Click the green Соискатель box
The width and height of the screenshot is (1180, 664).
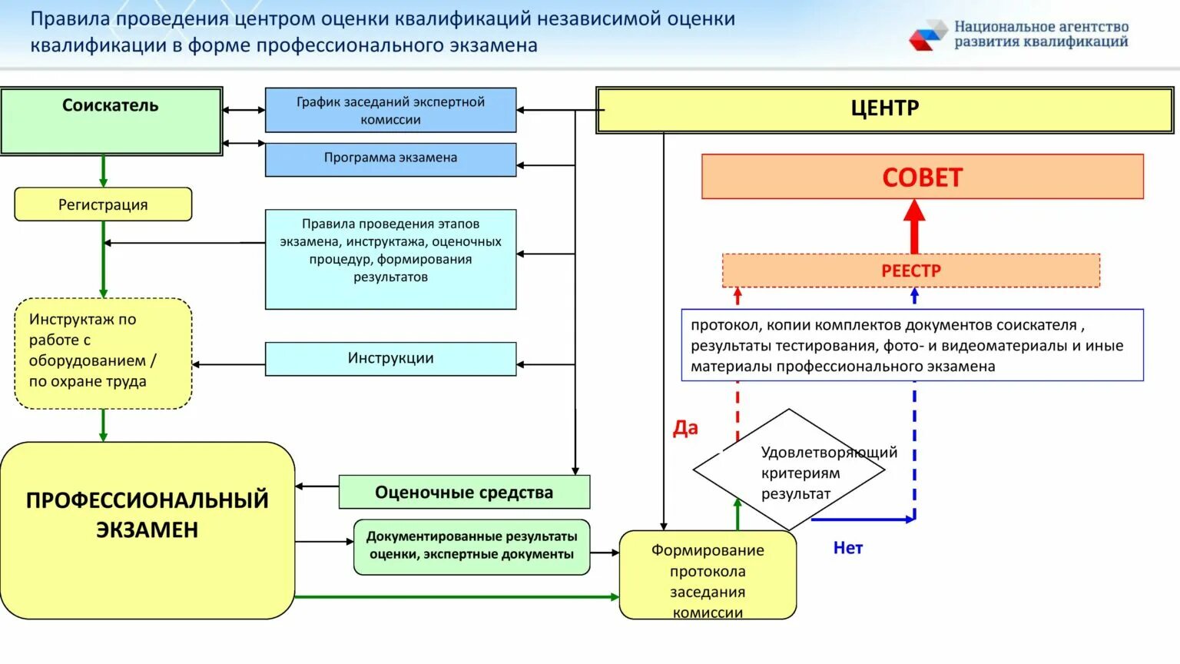pos(111,121)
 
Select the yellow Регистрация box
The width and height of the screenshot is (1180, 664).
pos(103,204)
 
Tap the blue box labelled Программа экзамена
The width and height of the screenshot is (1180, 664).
pos(390,159)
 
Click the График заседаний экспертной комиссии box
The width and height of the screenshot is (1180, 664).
pos(390,110)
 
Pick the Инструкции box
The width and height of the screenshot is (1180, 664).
pos(390,358)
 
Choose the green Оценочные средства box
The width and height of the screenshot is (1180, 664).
pos(464,492)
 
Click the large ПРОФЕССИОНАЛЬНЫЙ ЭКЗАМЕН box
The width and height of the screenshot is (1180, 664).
pos(147,530)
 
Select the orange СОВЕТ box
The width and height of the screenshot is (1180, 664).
pos(922,177)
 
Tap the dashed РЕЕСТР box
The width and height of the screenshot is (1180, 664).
pos(910,271)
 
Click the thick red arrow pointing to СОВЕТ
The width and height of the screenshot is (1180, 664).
pos(913,226)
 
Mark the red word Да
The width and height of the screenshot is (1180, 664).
pos(685,428)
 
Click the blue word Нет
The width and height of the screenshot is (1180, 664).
pos(848,548)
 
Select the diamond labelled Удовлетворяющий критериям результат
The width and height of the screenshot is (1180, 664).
pos(789,470)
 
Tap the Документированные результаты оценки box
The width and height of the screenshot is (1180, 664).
pos(472,546)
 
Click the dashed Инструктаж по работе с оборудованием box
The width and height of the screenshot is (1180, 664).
pos(103,354)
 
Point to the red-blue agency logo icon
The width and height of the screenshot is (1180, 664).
pos(928,35)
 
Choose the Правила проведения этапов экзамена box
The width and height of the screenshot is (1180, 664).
pos(390,259)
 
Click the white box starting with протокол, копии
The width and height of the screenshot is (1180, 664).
pos(912,345)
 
